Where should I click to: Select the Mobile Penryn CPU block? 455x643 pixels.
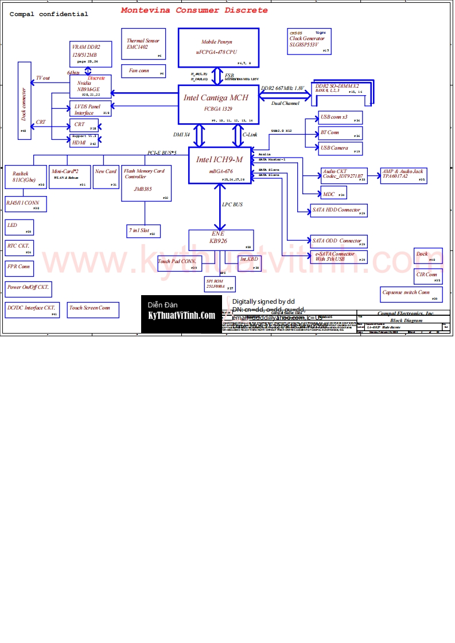click(217, 48)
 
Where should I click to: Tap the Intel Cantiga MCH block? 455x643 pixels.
click(217, 104)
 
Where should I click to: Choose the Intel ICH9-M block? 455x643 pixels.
click(220, 165)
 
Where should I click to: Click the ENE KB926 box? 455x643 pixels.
click(221, 240)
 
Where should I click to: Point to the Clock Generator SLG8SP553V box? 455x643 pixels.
click(310, 40)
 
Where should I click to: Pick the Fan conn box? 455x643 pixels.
click(143, 71)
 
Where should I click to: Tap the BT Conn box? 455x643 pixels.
click(340, 133)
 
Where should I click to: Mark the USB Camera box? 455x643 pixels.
click(340, 148)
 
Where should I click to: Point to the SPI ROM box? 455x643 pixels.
click(220, 284)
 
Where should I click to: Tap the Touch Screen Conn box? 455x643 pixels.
click(93, 309)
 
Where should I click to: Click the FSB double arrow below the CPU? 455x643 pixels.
click(217, 76)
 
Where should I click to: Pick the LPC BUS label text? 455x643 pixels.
click(232, 205)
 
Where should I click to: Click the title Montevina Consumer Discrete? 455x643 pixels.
click(194, 10)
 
